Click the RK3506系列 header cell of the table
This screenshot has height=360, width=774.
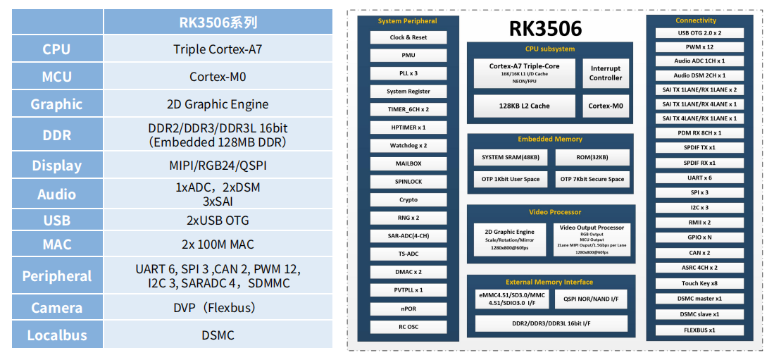218,22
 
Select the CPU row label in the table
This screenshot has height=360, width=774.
56,49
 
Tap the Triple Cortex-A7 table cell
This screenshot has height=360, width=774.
218,49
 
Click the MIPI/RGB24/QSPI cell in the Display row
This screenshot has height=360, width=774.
218,166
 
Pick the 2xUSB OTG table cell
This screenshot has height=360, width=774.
218,220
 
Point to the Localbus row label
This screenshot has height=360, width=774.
56,335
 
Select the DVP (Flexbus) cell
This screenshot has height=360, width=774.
218,308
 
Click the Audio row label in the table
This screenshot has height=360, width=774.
56,194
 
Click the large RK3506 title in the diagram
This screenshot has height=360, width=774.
546,29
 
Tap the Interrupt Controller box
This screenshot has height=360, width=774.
606,73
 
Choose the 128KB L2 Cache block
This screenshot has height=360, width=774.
524,106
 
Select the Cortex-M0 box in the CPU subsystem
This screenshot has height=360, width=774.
606,106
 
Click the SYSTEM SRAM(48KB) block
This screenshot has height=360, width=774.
511,157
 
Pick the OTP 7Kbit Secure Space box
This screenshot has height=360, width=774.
592,179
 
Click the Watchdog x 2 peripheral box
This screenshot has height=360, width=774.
408,145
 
